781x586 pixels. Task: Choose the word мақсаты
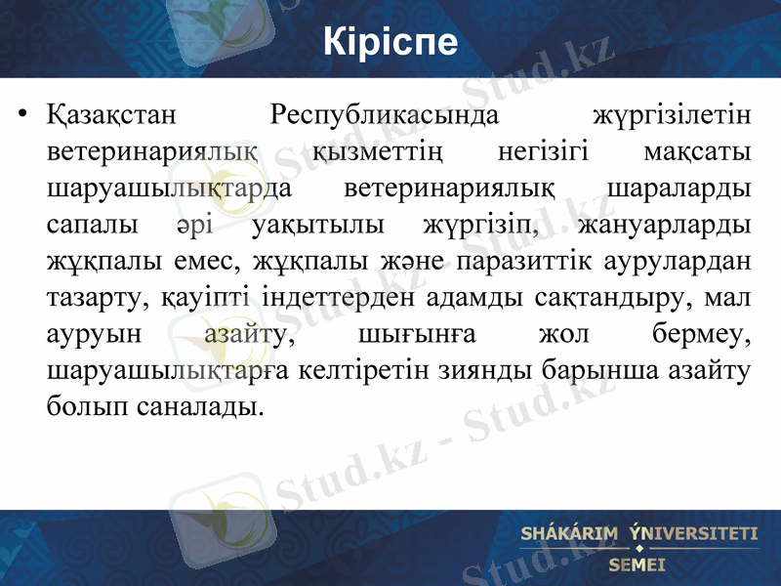pos(698,153)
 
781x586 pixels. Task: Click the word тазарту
pos(96,297)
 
